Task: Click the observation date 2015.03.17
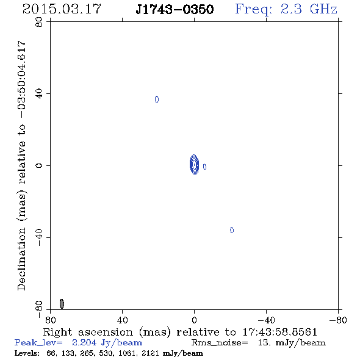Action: click(x=62, y=9)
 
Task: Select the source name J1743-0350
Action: click(x=175, y=9)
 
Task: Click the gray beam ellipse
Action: click(x=62, y=304)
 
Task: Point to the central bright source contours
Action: click(x=194, y=165)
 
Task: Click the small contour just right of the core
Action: click(x=204, y=167)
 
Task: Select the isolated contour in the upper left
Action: click(x=157, y=99)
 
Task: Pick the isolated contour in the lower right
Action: click(x=232, y=230)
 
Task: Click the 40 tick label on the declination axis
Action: click(x=39, y=94)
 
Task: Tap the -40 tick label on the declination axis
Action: click(x=39, y=237)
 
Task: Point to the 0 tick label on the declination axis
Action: click(x=39, y=165)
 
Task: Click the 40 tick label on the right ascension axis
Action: click(x=122, y=320)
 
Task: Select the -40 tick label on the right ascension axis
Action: click(x=266, y=320)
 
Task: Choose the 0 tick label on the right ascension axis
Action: click(x=194, y=320)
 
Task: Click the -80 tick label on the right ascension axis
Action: click(x=338, y=320)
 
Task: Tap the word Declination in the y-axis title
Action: click(x=21, y=259)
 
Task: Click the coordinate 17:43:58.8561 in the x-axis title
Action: click(x=280, y=332)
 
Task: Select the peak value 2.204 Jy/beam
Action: click(x=107, y=342)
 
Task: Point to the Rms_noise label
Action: click(x=220, y=343)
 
